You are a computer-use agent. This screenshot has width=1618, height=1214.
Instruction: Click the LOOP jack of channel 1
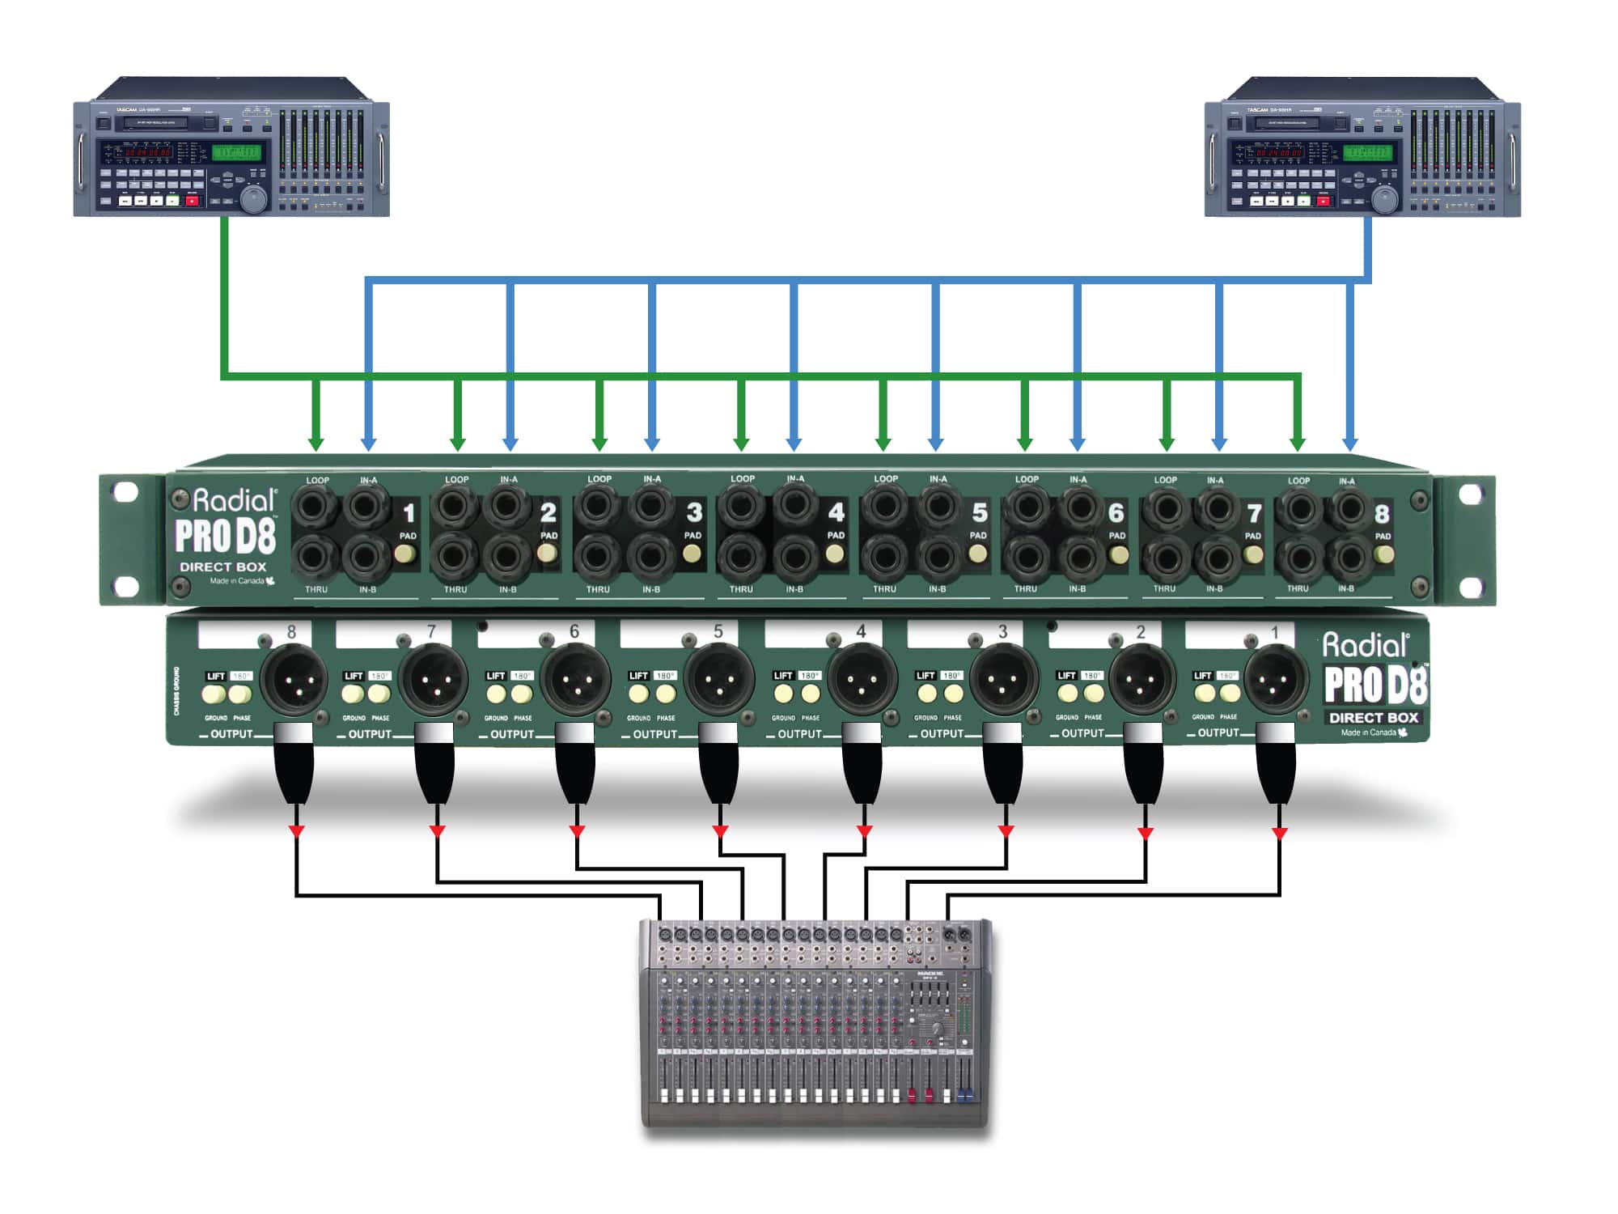(316, 508)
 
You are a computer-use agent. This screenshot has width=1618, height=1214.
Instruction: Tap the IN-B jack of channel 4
(795, 557)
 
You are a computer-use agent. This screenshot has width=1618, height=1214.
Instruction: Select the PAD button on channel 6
(1119, 555)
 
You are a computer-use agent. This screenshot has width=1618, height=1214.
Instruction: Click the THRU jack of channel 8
(1299, 558)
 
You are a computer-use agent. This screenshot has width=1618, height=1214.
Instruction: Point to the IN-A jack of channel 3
(651, 507)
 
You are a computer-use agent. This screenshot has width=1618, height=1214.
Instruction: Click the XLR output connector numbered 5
(718, 680)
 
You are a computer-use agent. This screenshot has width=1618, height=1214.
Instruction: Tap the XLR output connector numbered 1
(1275, 680)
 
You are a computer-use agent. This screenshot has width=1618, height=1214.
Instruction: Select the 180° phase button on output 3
(954, 694)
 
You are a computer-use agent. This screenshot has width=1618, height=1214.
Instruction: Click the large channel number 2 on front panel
(549, 512)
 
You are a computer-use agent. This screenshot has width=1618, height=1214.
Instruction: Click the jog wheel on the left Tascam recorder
(253, 199)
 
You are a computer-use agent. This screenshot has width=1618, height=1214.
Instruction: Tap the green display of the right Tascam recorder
(1367, 152)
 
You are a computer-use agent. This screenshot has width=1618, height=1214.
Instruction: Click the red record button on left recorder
(193, 200)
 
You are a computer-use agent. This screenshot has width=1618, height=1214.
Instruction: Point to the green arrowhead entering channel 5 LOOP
(883, 444)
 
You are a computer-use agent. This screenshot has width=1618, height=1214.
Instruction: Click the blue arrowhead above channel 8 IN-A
(1349, 444)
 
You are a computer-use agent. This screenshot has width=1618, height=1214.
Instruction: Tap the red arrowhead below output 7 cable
(437, 831)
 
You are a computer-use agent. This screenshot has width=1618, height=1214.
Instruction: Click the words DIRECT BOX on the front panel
(222, 567)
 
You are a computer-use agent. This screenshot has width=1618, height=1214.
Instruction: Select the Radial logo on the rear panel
(1366, 645)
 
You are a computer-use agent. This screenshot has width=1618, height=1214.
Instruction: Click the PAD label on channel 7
(1253, 536)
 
